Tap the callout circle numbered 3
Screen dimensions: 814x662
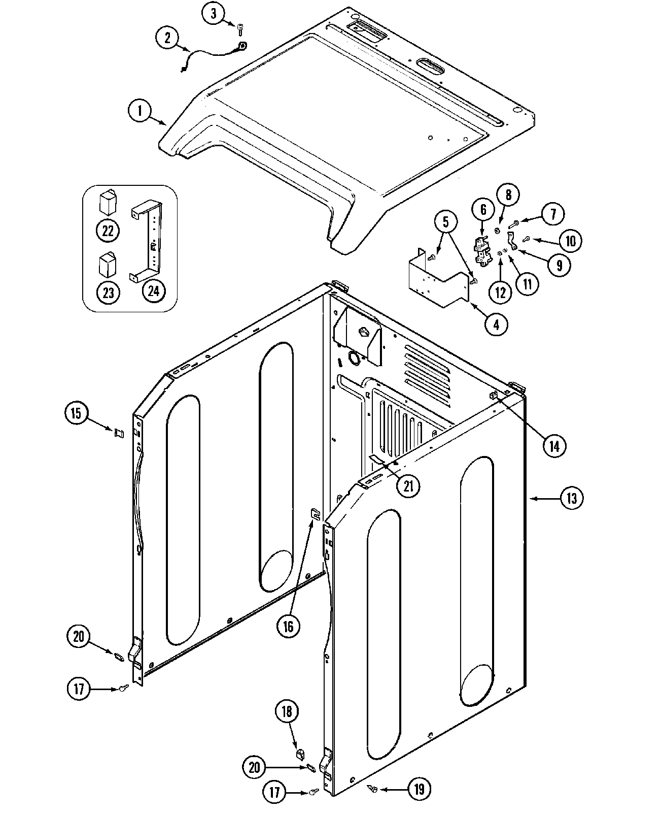tap(213, 14)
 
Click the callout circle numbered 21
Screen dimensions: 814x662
tap(408, 486)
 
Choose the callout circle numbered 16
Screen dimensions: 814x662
tap(288, 626)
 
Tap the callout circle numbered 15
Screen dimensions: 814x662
tap(76, 413)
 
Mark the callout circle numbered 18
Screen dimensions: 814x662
tap(287, 711)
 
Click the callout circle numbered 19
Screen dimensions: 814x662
tap(420, 789)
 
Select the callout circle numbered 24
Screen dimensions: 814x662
tap(154, 290)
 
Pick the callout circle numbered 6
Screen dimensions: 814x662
tap(483, 209)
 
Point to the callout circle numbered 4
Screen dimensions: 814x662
tap(496, 324)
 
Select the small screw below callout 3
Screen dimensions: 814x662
tap(240, 30)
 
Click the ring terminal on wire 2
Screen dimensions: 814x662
tap(242, 46)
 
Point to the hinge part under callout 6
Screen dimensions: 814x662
tap(482, 250)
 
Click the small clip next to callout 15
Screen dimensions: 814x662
tap(119, 433)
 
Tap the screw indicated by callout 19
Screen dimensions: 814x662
tap(373, 788)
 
